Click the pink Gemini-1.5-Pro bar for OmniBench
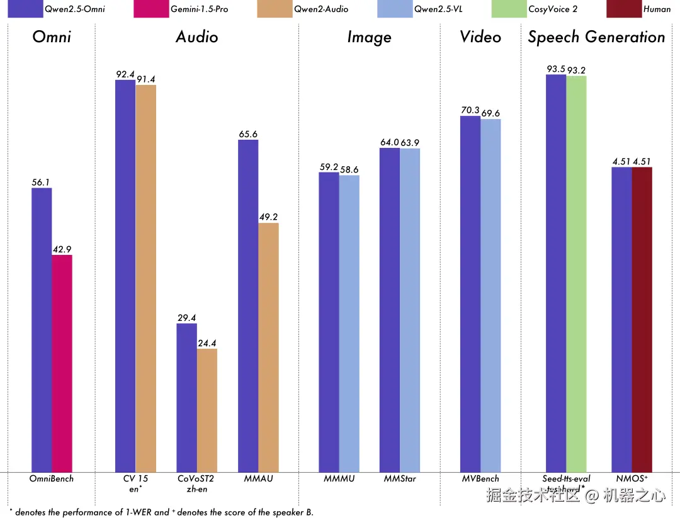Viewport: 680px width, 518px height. point(62,363)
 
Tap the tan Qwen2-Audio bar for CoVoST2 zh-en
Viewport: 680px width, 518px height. point(207,410)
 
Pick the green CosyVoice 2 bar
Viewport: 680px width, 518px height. point(576,273)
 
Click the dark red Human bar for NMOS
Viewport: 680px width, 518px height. point(642,319)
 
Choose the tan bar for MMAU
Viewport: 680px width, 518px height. point(268,347)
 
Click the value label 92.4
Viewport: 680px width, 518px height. point(125,74)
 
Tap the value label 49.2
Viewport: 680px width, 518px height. point(269,217)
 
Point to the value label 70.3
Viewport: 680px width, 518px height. point(470,110)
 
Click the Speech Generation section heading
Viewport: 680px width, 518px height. point(596,37)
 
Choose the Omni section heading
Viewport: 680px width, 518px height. point(52,37)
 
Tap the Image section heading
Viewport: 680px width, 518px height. point(369,37)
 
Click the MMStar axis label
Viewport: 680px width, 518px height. point(400,479)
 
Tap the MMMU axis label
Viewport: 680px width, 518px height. point(339,479)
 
